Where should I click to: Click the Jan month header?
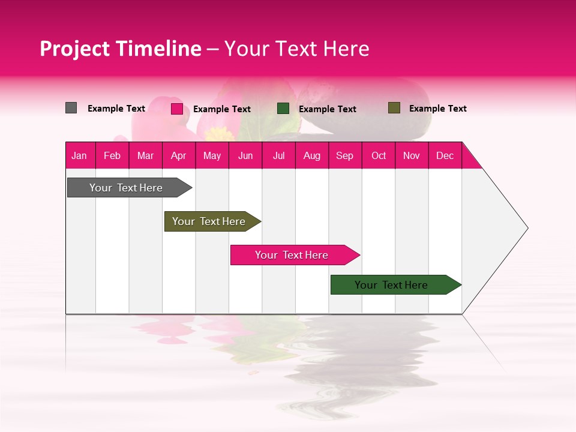[x=79, y=155]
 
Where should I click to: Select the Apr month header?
[x=178, y=155]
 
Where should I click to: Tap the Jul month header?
[x=278, y=155]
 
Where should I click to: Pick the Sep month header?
[x=344, y=155]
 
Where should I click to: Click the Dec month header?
[x=445, y=155]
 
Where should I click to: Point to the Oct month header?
[x=379, y=155]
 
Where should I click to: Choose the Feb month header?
[x=112, y=155]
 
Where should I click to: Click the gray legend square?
[x=71, y=108]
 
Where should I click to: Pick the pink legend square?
[x=176, y=109]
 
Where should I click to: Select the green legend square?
[x=283, y=109]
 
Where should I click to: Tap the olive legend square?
[x=394, y=108]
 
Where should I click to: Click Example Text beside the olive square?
[x=437, y=109]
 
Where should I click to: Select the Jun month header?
[x=245, y=155]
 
